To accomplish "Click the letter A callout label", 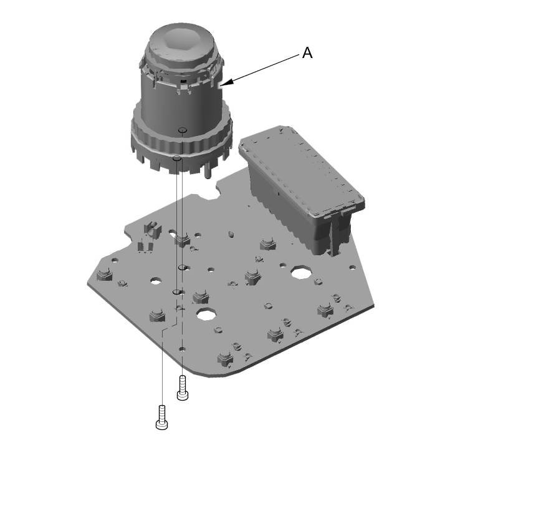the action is click(307, 53).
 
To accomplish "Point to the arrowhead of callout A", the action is click(226, 82).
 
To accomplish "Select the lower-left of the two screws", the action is click(161, 418).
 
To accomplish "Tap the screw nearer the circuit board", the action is click(183, 388).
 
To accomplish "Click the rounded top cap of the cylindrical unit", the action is click(181, 44).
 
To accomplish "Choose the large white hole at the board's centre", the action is click(206, 313).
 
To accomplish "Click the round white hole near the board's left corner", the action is click(156, 281).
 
